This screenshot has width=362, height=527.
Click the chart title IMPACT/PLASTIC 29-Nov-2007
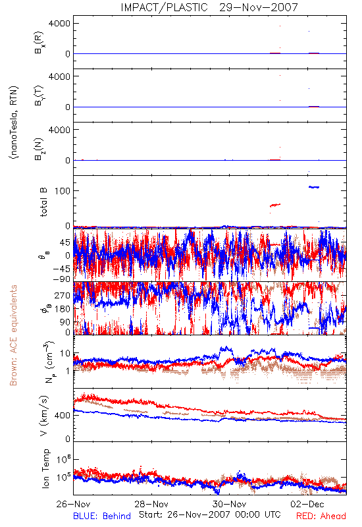point(209,7)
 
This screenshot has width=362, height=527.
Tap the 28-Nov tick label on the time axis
point(151,504)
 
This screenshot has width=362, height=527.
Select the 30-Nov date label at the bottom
point(229,504)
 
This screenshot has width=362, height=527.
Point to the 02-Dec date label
point(307,504)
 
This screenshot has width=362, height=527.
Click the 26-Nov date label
point(73,504)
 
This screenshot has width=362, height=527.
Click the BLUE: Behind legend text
point(102,516)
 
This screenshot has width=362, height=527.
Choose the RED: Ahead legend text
point(321,516)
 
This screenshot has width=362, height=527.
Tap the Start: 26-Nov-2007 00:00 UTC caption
point(210,514)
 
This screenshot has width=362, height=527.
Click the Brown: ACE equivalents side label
point(13,335)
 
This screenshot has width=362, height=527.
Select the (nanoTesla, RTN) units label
point(14,123)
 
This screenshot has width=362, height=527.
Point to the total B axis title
point(43,202)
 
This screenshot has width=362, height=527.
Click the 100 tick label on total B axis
point(63,191)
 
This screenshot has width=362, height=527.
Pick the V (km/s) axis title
point(43,416)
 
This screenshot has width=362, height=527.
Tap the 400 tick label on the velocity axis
point(63,416)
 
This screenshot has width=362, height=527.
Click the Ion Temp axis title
point(45,468)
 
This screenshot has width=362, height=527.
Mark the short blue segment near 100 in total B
point(314,187)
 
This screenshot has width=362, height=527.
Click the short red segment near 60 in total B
point(275,205)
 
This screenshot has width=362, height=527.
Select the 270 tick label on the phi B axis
point(63,296)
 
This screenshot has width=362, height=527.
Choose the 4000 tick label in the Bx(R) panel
point(59,24)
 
